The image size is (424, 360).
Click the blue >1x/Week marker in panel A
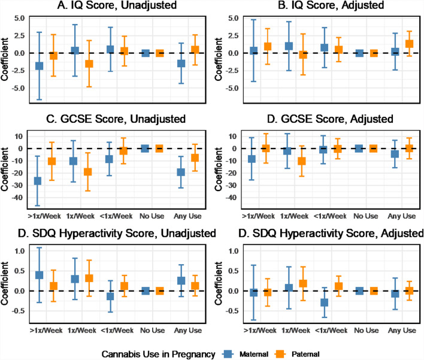pyautogui.click(x=39, y=66)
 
